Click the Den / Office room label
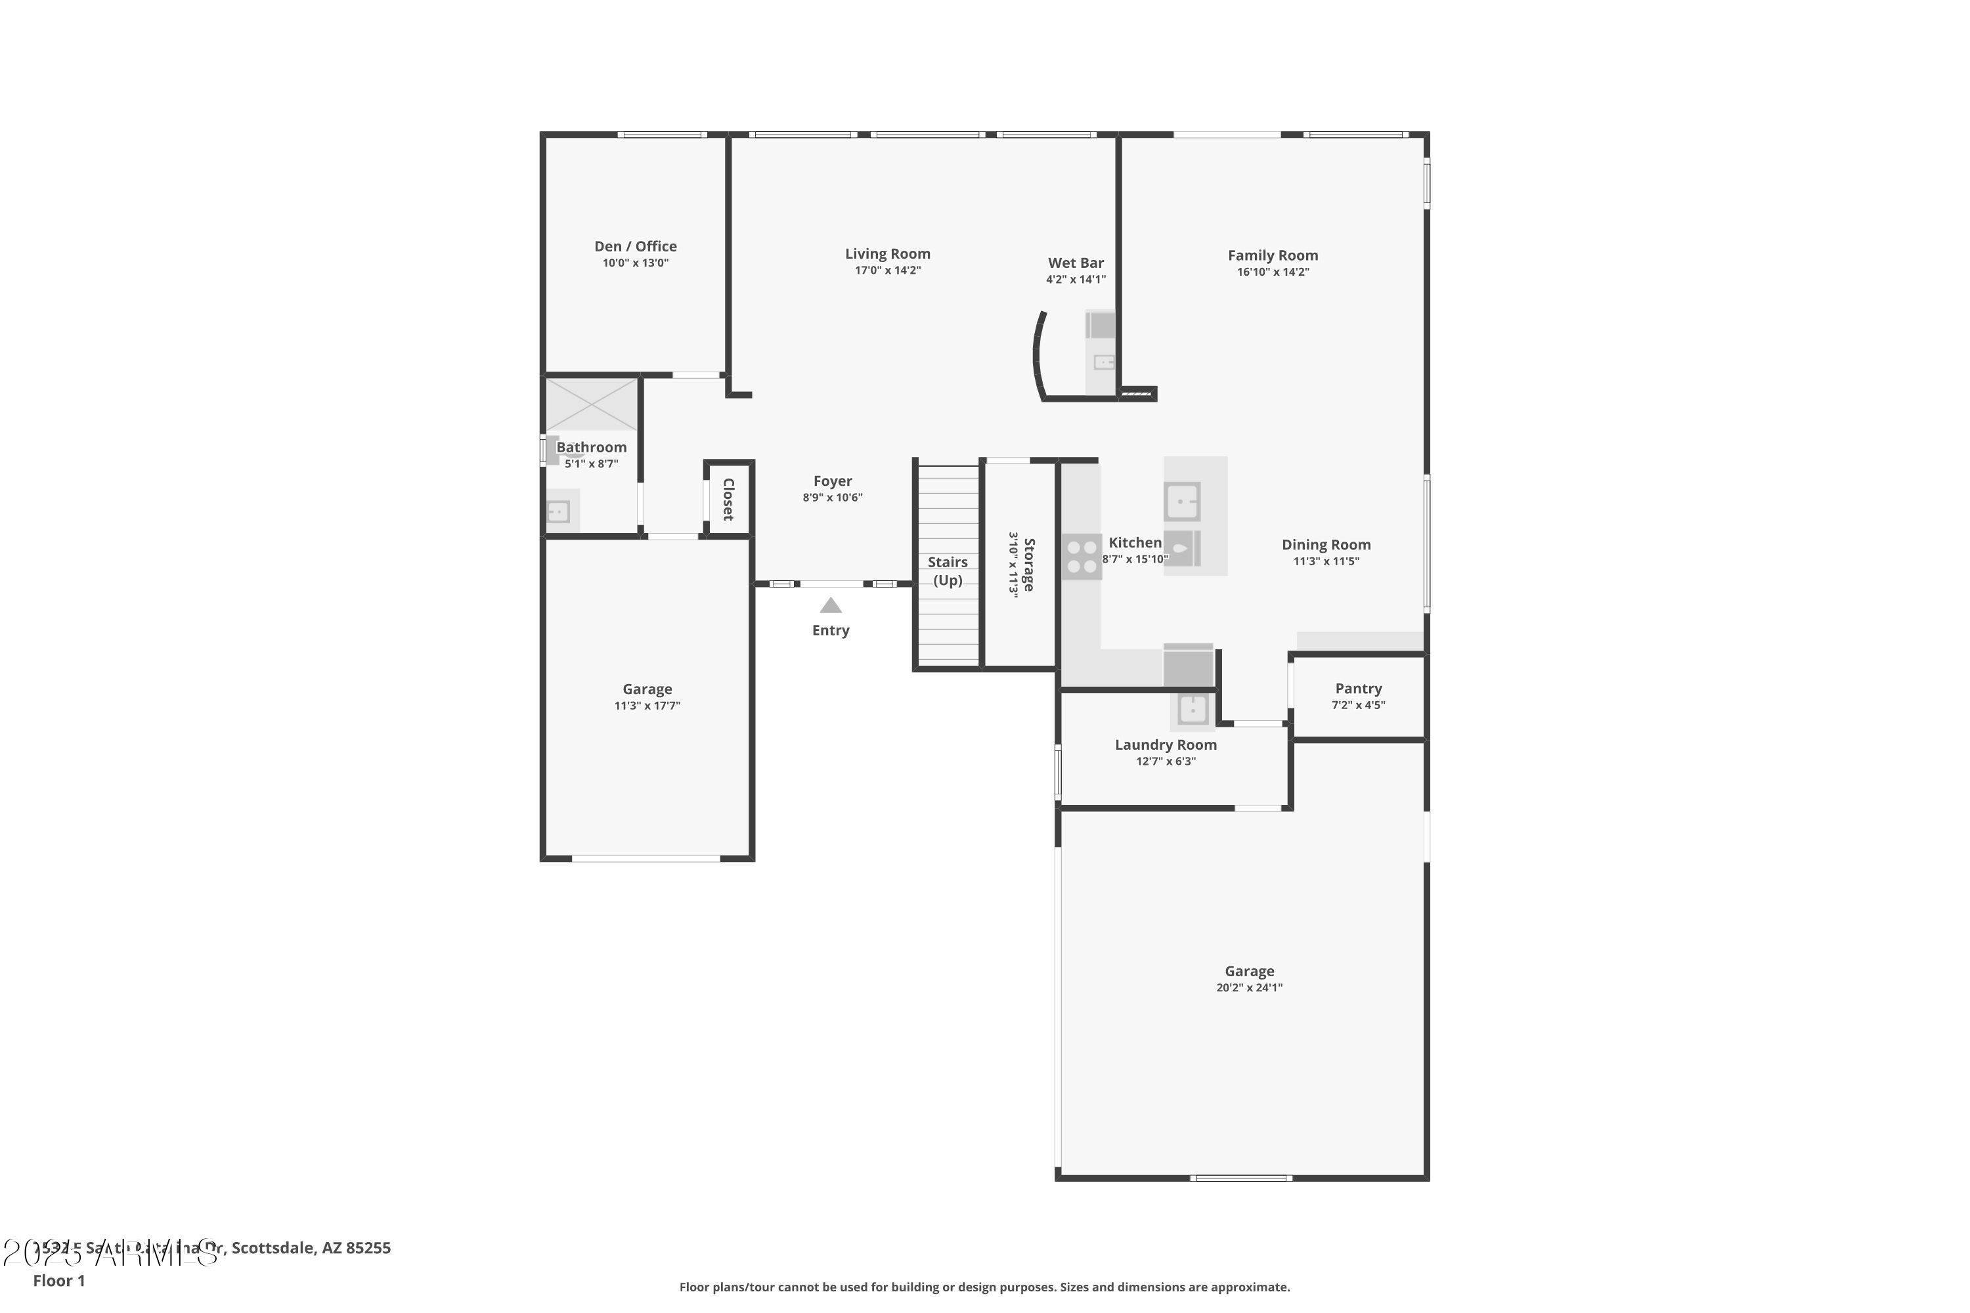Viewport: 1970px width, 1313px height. pyautogui.click(x=635, y=246)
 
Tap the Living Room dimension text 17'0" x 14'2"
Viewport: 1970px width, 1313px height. pyautogui.click(x=887, y=270)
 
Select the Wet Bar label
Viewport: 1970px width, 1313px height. pyautogui.click(x=1076, y=263)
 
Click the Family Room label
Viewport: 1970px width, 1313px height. pyautogui.click(x=1273, y=255)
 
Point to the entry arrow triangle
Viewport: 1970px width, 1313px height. pyautogui.click(x=830, y=605)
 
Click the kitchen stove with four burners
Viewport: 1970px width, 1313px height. pyautogui.click(x=1082, y=557)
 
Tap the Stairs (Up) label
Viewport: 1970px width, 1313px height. pyautogui.click(x=948, y=571)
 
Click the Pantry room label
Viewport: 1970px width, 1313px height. pyautogui.click(x=1358, y=688)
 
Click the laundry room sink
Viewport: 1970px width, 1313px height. pyautogui.click(x=1192, y=709)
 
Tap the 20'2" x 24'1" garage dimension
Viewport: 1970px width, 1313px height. pyautogui.click(x=1249, y=987)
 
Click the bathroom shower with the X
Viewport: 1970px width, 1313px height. pyautogui.click(x=592, y=404)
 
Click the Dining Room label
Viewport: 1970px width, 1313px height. pyautogui.click(x=1326, y=545)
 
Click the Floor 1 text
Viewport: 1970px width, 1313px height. pyautogui.click(x=58, y=1280)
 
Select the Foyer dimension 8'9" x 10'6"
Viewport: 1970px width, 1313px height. pyautogui.click(x=832, y=498)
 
